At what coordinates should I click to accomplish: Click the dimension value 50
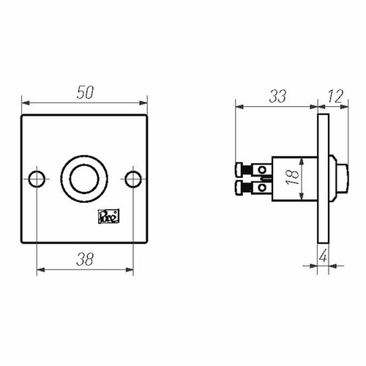[x=85, y=92]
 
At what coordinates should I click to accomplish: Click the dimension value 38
[x=85, y=259]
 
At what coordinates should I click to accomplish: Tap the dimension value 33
[x=277, y=96]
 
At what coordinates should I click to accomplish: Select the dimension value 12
[x=335, y=96]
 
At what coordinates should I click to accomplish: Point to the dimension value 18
[x=293, y=177]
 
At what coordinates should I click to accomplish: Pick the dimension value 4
[x=323, y=256]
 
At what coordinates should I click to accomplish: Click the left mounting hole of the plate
[x=37, y=179]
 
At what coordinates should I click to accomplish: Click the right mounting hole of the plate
[x=133, y=179]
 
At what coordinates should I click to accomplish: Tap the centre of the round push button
[x=84, y=179]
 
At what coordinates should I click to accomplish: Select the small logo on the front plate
[x=108, y=216]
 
